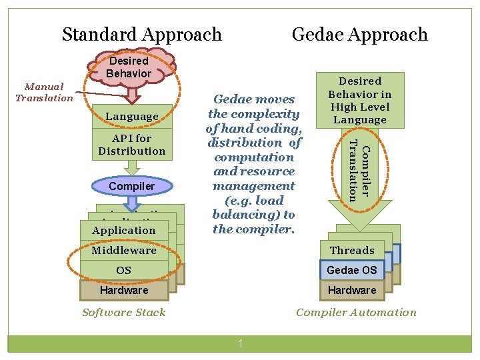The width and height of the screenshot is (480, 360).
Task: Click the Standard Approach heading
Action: click(x=141, y=34)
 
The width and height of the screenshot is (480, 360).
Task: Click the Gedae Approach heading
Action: click(x=359, y=34)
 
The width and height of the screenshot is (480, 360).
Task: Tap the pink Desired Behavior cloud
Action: click(x=129, y=67)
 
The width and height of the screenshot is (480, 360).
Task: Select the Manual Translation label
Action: click(x=44, y=92)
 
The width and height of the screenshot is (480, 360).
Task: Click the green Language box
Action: click(x=132, y=117)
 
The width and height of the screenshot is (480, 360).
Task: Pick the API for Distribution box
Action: click(x=132, y=145)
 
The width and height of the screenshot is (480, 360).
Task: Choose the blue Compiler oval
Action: click(x=132, y=186)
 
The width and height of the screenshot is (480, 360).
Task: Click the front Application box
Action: click(x=123, y=231)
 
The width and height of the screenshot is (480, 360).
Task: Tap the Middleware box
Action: click(x=123, y=251)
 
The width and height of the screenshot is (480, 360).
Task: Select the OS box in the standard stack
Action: click(x=123, y=271)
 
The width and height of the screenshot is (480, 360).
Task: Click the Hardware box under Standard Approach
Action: click(x=123, y=291)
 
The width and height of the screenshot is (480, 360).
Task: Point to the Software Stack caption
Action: click(x=123, y=312)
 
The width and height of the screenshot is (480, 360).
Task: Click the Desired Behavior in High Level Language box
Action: click(x=360, y=100)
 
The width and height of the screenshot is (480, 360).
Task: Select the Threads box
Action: click(x=352, y=251)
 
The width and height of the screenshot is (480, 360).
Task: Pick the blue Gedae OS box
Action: click(x=352, y=271)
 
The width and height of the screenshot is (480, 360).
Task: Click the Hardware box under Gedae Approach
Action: click(x=352, y=291)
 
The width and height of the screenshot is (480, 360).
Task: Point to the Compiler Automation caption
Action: click(x=356, y=312)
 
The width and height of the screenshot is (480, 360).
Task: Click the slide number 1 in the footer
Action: click(x=240, y=344)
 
